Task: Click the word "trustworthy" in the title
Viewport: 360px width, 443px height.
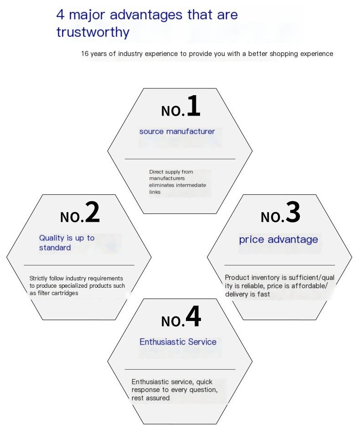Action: tap(93, 32)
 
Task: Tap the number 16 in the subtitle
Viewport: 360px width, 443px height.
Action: tap(85, 54)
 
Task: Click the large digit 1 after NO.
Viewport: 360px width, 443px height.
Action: tap(194, 106)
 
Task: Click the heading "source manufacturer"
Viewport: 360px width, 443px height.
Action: tap(177, 132)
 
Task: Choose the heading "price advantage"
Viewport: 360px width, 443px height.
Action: tap(278, 239)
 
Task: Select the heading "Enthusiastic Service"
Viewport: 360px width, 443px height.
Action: tap(178, 342)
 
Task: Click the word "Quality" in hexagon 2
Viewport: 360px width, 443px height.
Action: tap(52, 238)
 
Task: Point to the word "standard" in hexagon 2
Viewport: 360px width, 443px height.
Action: tap(55, 248)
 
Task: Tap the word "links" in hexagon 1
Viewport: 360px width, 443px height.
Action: tap(154, 192)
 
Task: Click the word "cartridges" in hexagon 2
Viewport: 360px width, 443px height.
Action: tap(65, 293)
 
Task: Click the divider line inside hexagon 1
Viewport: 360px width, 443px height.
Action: tap(180, 159)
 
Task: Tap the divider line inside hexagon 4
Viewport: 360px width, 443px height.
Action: tap(180, 369)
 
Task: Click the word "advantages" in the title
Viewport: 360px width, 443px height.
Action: tap(146, 15)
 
